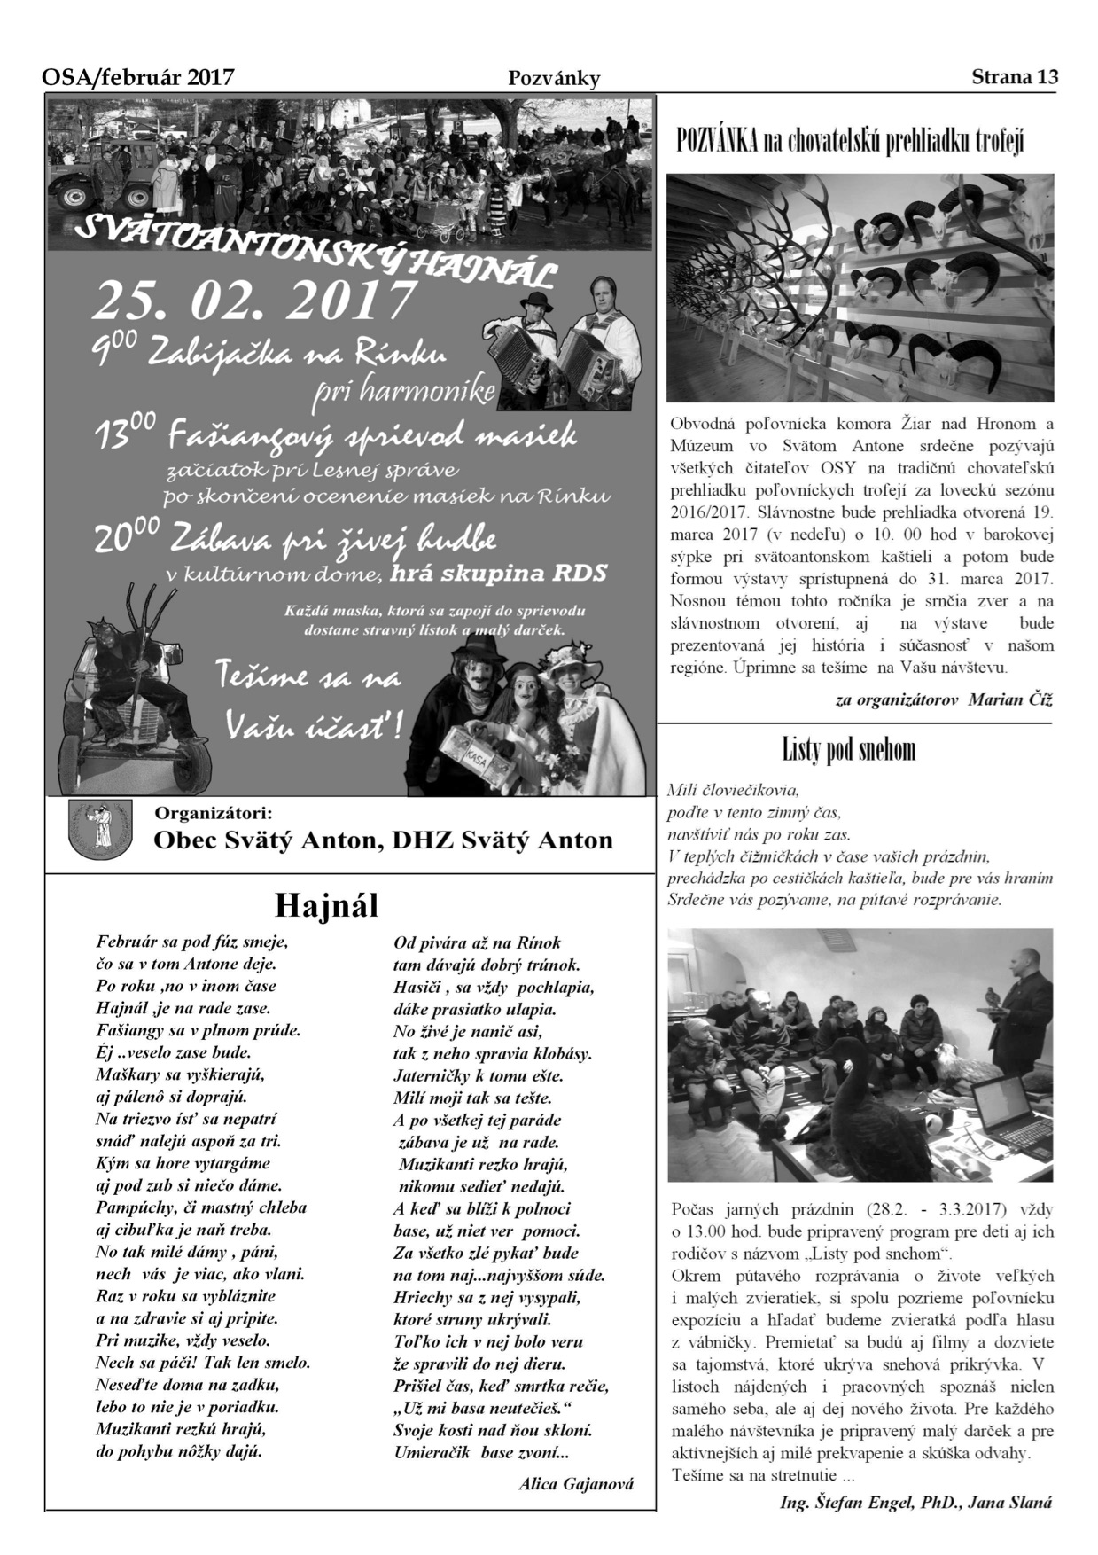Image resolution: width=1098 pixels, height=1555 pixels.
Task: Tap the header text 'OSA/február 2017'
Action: [138, 77]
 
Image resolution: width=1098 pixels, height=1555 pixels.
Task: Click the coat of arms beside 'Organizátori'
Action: [97, 828]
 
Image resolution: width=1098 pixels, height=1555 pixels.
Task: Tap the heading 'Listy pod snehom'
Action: [848, 750]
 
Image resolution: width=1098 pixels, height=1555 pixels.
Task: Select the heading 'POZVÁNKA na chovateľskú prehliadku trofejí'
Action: [849, 141]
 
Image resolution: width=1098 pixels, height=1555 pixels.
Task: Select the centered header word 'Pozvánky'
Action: [554, 78]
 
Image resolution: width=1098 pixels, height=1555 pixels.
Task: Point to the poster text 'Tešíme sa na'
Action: [308, 678]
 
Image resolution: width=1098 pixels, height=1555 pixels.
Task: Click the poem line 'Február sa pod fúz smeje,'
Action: [192, 942]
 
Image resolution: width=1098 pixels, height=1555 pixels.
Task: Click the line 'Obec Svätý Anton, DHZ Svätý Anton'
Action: [383, 840]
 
